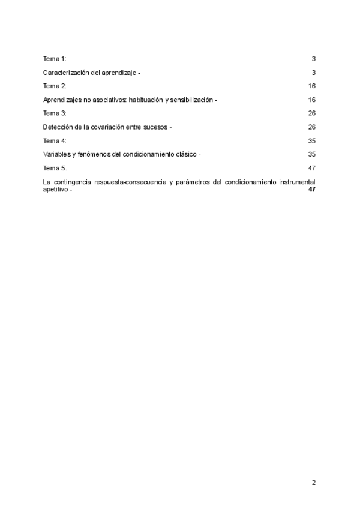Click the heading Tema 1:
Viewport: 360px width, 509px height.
(x=55, y=58)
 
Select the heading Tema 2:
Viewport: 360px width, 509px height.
(x=55, y=86)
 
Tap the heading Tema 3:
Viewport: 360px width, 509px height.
(x=55, y=113)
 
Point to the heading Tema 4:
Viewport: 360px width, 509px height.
(x=55, y=141)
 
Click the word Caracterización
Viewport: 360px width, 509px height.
(x=65, y=72)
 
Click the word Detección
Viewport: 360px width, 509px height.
(x=58, y=127)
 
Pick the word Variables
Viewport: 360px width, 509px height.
(x=57, y=155)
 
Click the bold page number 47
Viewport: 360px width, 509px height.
(x=311, y=189)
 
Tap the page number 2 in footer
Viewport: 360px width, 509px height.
(x=313, y=481)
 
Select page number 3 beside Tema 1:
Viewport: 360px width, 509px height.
(x=313, y=58)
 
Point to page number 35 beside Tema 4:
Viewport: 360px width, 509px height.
(x=311, y=141)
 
